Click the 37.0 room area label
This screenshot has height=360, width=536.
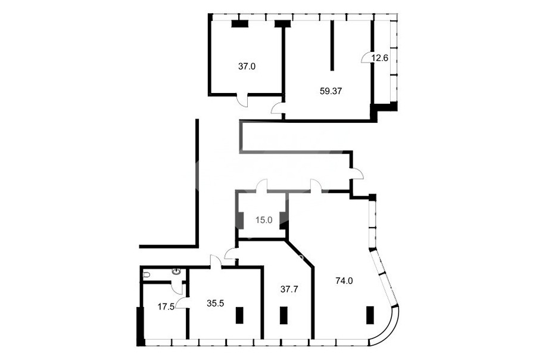247,66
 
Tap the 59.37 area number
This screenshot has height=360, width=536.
331,91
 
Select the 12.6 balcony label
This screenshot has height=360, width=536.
380,58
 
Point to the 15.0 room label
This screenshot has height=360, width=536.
264,220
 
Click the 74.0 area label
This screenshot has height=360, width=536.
344,281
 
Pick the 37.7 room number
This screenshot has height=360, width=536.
289,289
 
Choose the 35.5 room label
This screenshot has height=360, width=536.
216,303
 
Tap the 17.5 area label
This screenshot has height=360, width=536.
166,306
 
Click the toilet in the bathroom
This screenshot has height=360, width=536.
147,274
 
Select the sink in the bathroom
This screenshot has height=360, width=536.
177,272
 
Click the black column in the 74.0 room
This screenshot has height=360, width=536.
369,315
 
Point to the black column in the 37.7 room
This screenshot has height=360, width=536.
283,315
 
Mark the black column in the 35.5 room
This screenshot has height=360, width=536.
239,315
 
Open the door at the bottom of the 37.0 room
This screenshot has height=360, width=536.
243,100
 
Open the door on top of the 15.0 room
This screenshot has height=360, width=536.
262,185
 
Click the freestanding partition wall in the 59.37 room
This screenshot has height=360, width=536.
332,45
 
